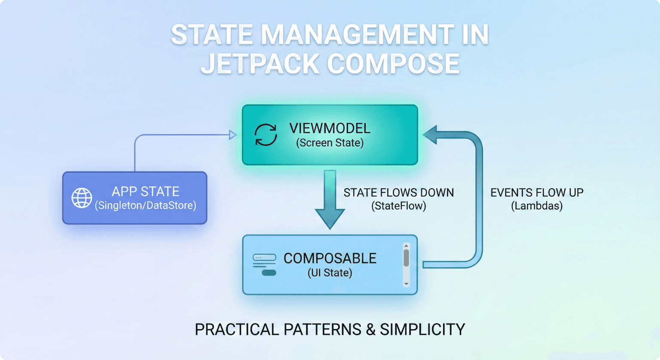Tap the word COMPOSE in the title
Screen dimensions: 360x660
[x=394, y=64]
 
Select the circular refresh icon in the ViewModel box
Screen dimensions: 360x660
[x=266, y=135]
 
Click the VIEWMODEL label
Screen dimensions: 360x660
[x=330, y=128]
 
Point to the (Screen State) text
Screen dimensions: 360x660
[x=330, y=143]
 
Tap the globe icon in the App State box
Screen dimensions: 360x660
[x=82, y=198]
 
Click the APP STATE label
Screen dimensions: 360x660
[x=145, y=191]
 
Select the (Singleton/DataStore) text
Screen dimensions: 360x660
[x=145, y=206]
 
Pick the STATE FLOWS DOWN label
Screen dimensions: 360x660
[x=398, y=192]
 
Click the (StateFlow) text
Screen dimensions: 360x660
[x=398, y=206]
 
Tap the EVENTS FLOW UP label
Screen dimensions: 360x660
[x=537, y=192]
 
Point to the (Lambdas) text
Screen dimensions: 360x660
[x=537, y=206]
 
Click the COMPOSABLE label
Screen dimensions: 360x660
[x=330, y=258]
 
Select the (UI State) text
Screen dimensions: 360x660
[x=330, y=273]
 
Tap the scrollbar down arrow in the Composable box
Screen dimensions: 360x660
[x=406, y=284]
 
